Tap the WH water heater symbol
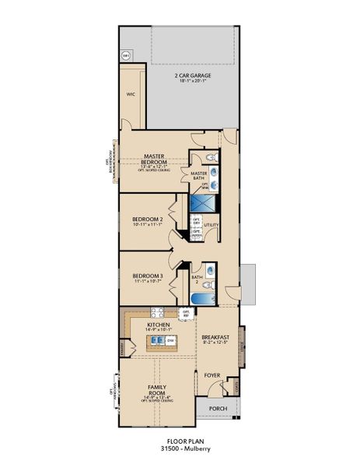(126, 54)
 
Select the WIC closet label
(131, 94)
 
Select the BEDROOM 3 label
(147, 276)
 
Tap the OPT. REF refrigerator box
(185, 314)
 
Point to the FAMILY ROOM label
(158, 388)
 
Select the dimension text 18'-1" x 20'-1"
(194, 82)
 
